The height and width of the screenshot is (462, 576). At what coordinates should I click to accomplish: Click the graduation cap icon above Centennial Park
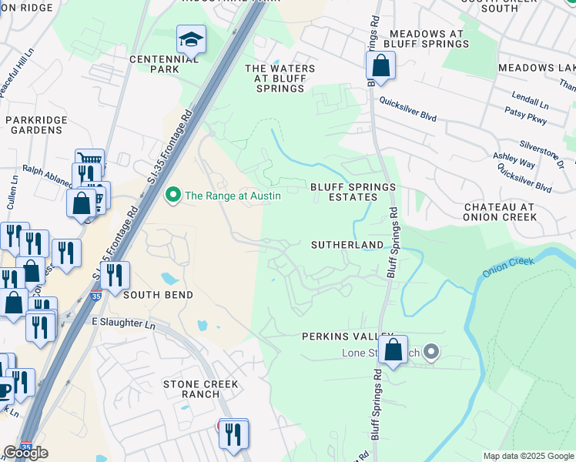(x=191, y=38)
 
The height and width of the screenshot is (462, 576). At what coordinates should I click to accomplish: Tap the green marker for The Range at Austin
(x=173, y=196)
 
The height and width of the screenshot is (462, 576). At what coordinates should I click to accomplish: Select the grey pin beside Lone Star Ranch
(x=431, y=353)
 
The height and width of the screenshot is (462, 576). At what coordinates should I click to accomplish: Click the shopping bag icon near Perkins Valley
(x=393, y=350)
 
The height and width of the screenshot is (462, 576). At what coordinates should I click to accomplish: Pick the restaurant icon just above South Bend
(x=115, y=276)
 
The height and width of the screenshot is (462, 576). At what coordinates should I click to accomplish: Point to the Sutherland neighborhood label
(x=347, y=245)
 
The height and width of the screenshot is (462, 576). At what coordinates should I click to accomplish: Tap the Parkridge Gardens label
(x=34, y=125)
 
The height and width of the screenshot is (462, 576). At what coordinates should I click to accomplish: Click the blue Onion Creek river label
(x=507, y=268)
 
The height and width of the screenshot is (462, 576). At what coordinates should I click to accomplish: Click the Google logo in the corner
(x=25, y=453)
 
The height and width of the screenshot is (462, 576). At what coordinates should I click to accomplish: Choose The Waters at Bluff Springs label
(x=280, y=79)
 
